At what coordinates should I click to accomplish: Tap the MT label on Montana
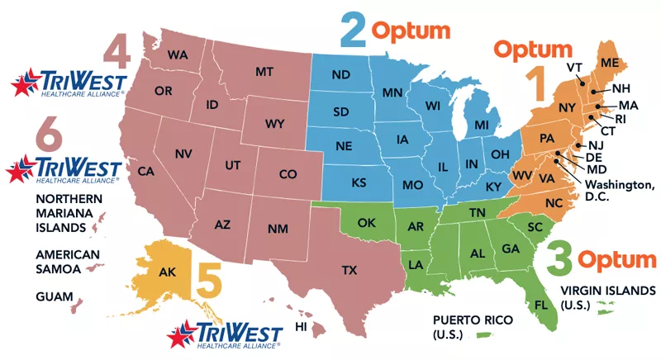pyautogui.click(x=264, y=73)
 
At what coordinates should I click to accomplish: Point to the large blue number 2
pyautogui.click(x=354, y=31)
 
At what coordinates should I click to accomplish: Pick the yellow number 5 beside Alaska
pyautogui.click(x=208, y=280)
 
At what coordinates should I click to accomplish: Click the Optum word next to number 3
pyautogui.click(x=616, y=259)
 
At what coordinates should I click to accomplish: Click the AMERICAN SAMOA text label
pyautogui.click(x=67, y=262)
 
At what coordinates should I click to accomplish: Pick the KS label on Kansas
pyautogui.click(x=360, y=181)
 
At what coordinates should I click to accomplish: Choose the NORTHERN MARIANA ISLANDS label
pyautogui.click(x=69, y=213)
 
